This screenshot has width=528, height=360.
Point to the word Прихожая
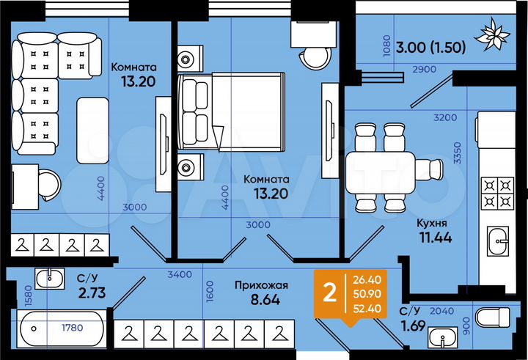[x=260, y=285]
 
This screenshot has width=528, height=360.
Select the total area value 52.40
[x=367, y=308]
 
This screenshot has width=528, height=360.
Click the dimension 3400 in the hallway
[x=180, y=274]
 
